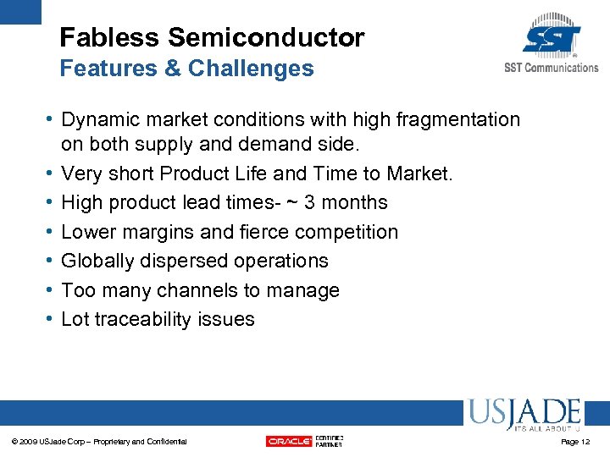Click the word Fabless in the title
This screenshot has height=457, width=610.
tap(110, 38)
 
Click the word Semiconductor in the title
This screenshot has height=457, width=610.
tap(266, 38)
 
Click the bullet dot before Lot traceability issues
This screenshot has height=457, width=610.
tap(53, 319)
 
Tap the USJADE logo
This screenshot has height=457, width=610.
tap(523, 415)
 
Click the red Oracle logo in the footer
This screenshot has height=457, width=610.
tap(289, 441)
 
